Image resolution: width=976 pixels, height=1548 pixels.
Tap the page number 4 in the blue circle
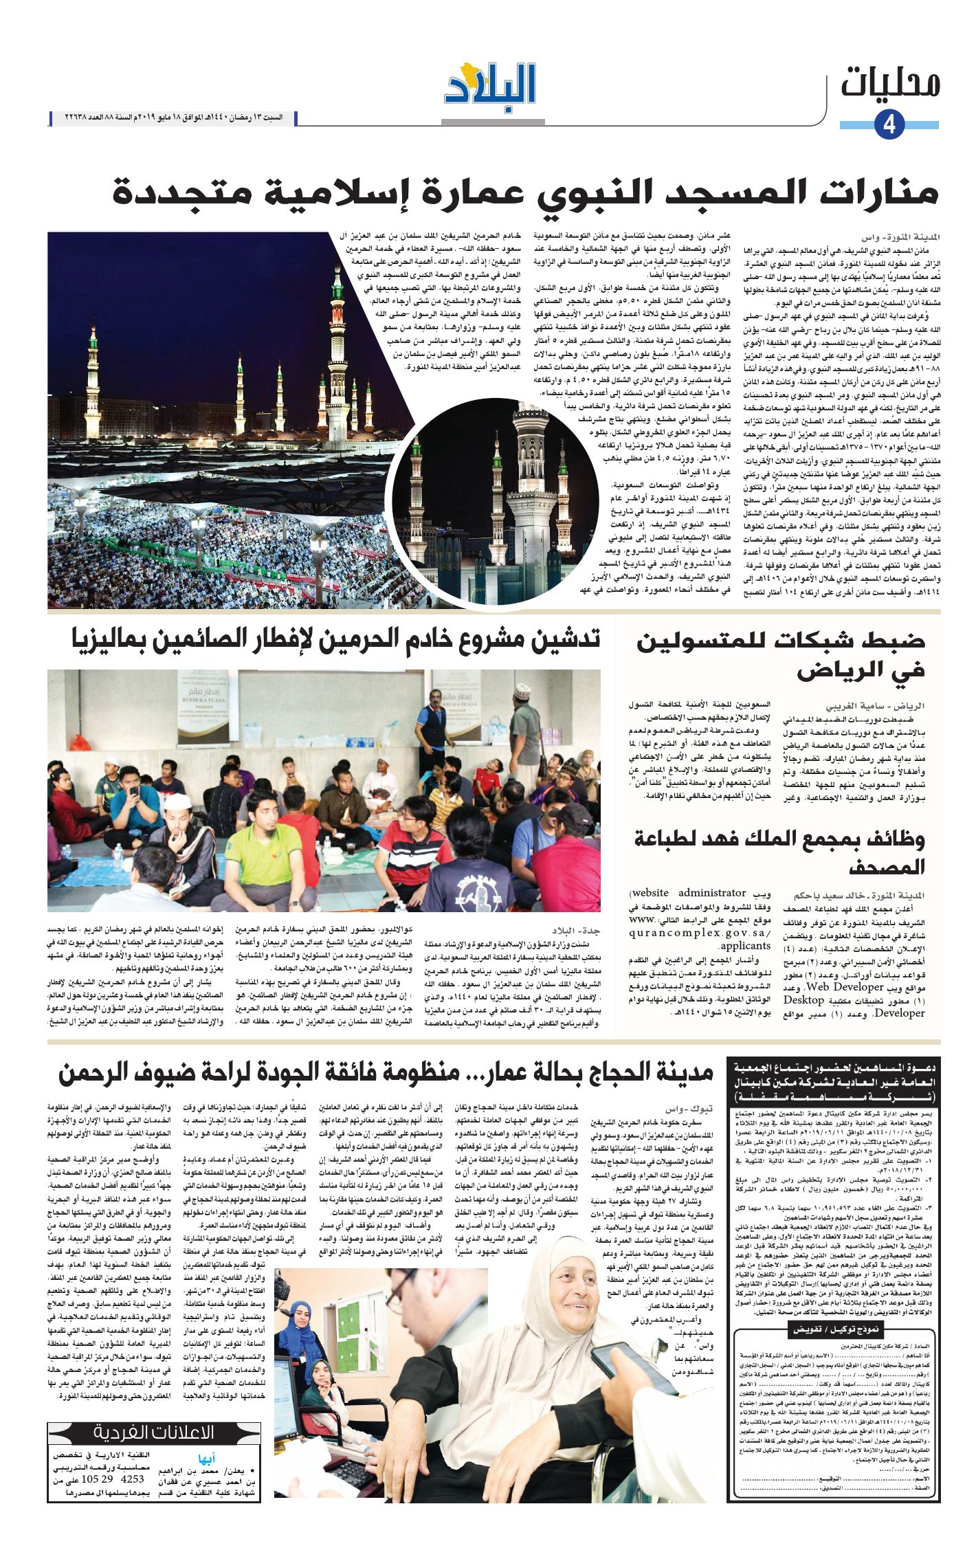tap(889, 124)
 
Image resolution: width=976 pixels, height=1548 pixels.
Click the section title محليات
tap(890, 83)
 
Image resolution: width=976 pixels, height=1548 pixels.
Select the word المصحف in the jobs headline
tap(887, 867)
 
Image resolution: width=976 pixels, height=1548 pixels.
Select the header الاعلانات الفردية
tap(154, 1433)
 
